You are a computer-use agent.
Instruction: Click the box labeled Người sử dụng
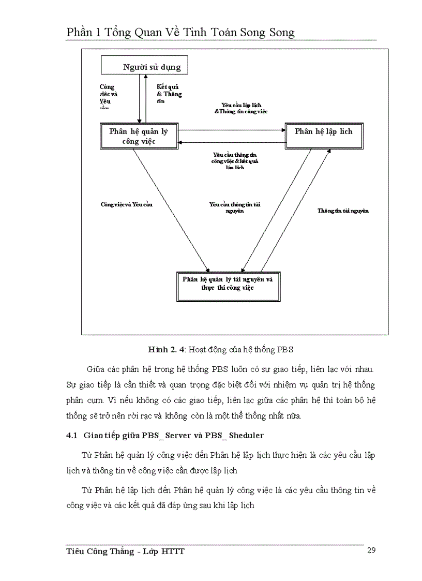(x=144, y=66)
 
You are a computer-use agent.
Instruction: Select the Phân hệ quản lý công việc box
(x=139, y=136)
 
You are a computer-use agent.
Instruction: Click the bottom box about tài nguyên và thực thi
(x=228, y=284)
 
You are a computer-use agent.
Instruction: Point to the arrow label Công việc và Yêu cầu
(x=127, y=204)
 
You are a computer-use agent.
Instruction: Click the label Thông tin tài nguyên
(x=343, y=211)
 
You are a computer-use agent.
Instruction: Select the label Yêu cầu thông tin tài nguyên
(x=234, y=207)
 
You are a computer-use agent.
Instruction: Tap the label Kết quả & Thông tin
(x=169, y=94)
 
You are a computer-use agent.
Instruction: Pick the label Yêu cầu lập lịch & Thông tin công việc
(x=241, y=108)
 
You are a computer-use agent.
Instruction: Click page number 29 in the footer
(x=371, y=550)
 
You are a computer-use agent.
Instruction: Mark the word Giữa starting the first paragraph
(x=96, y=370)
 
